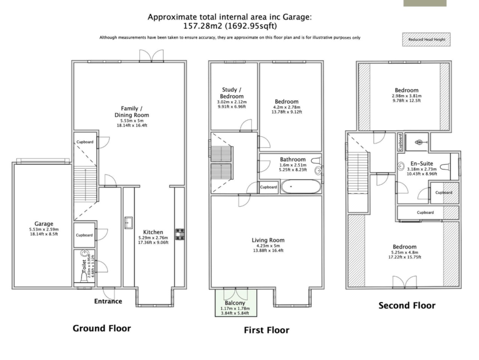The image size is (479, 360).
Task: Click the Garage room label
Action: pos(44,223)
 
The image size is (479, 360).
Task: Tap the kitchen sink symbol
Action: pos(129,222)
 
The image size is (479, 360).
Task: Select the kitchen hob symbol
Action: pos(180,234)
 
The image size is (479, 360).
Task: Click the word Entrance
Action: pos(108,301)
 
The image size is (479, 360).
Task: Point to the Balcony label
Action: pos(235,303)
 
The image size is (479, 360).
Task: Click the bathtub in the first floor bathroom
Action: pos(301,186)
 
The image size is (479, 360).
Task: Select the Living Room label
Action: pos(268,240)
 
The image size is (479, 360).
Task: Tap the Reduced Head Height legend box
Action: pos(426,39)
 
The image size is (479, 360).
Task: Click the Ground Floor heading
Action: pos(102,328)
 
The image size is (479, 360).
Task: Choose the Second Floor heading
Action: pos(407,305)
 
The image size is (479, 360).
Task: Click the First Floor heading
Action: pos(266,330)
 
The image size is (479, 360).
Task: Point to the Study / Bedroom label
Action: pos(232,93)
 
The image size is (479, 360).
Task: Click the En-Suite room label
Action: pos(422,163)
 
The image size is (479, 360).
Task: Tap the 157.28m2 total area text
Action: pos(203,26)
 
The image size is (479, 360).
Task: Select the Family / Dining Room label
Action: pos(132,112)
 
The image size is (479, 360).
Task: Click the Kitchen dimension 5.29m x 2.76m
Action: pos(153,238)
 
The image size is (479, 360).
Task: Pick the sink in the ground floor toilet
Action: pos(84,253)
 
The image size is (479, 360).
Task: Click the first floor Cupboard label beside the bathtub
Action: pos(269,187)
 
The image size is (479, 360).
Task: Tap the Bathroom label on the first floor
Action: pos(293,159)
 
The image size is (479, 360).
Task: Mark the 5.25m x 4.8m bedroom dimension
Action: pos(405,252)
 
